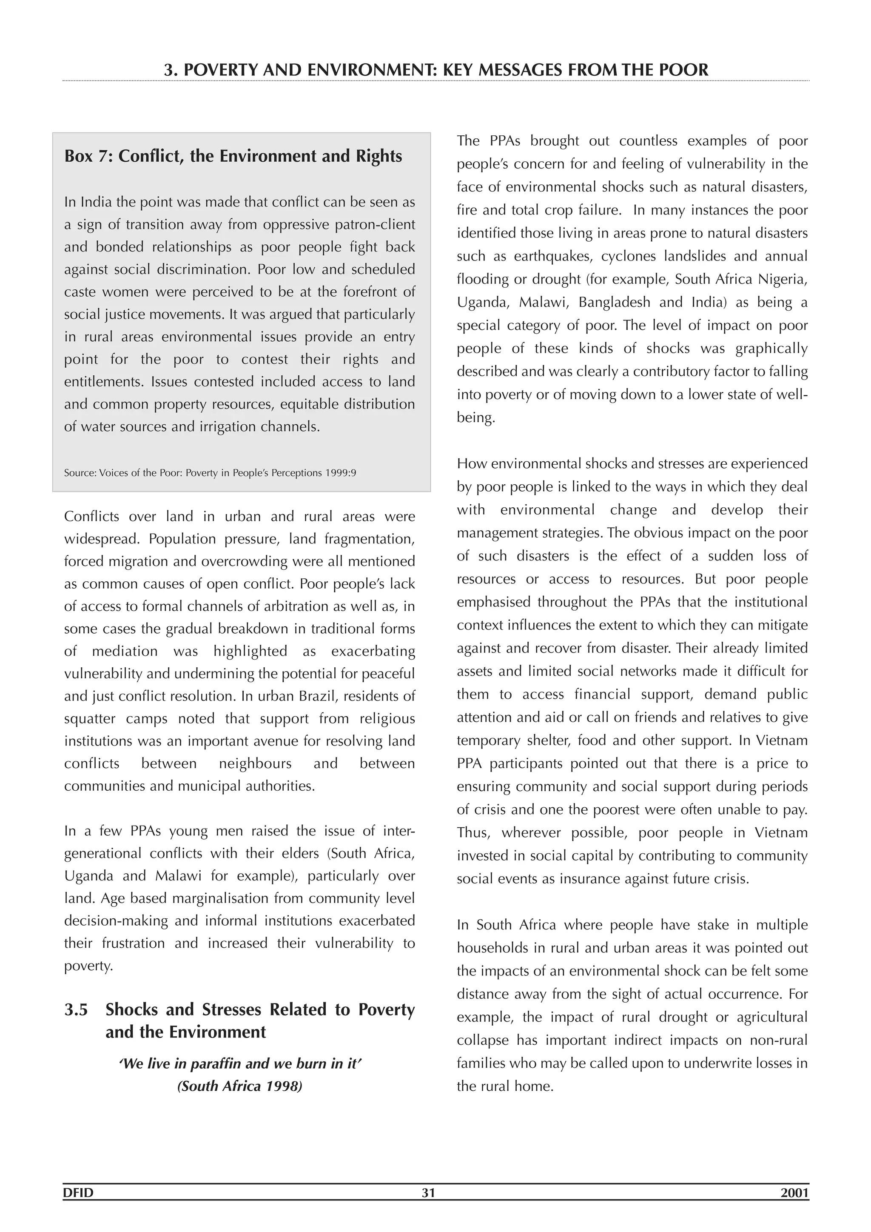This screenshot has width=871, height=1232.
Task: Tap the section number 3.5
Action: pos(76,1010)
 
